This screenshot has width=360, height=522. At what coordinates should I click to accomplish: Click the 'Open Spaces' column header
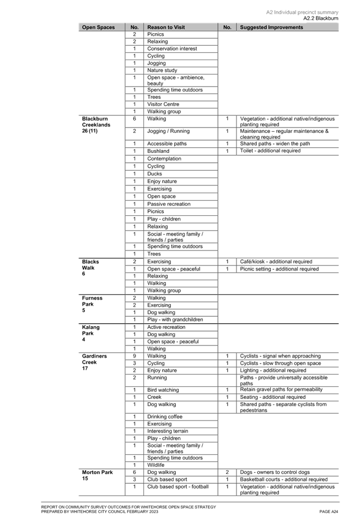click(99, 27)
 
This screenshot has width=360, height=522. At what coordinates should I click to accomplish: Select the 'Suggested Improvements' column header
click(271, 27)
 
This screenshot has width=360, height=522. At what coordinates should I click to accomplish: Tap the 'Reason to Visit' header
click(166, 27)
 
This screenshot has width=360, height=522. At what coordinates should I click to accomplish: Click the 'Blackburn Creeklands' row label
click(96, 122)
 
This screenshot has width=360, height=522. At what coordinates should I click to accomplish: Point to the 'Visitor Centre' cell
click(163, 104)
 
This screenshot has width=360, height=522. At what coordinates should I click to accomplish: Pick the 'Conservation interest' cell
click(172, 49)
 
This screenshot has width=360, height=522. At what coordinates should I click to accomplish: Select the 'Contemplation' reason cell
click(164, 159)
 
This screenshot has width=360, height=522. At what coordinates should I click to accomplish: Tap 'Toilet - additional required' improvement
click(270, 151)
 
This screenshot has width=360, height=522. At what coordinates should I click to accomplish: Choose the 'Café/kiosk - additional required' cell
click(276, 262)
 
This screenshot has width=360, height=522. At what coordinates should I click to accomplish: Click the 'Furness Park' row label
click(92, 301)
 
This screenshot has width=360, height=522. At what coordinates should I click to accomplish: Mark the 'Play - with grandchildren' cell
click(175, 319)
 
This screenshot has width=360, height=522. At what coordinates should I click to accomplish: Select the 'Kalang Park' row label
click(91, 330)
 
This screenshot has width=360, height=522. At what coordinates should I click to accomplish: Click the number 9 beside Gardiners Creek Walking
click(135, 356)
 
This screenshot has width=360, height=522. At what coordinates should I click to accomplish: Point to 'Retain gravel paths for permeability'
click(282, 390)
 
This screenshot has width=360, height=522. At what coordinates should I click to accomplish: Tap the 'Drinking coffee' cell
click(165, 417)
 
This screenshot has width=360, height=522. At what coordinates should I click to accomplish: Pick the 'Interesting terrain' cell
click(168, 431)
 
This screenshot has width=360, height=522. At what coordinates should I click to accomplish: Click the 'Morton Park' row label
click(98, 472)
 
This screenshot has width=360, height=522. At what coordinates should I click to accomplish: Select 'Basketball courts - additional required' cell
click(284, 480)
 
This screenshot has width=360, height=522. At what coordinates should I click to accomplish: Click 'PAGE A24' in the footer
click(329, 512)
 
